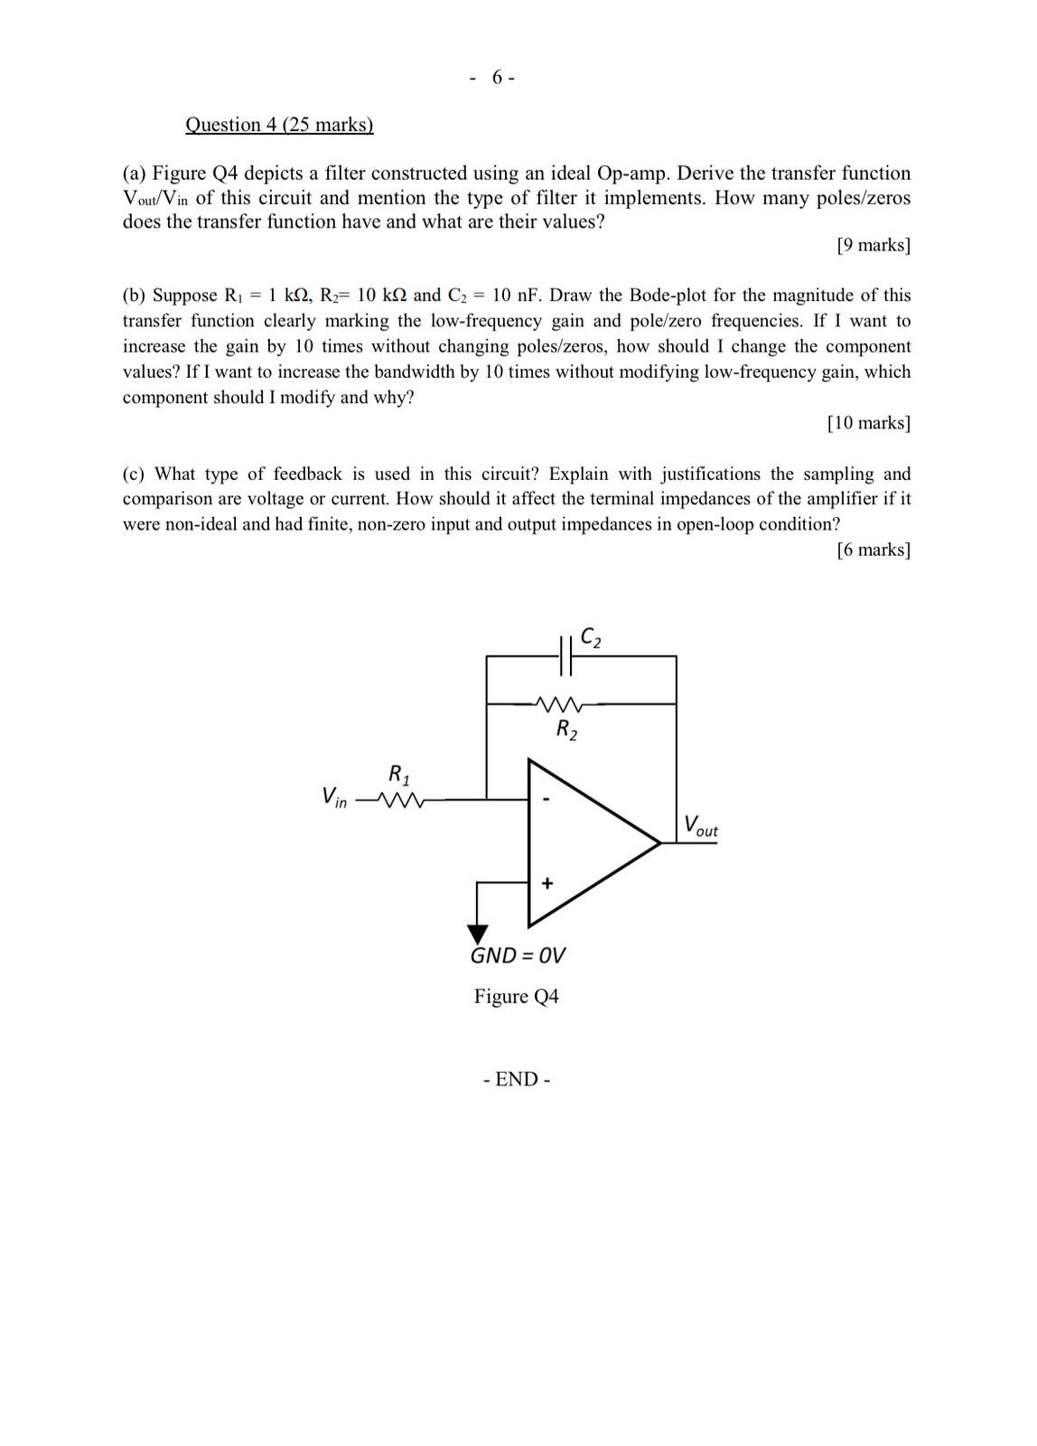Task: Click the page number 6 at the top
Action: click(498, 78)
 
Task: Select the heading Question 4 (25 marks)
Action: click(279, 125)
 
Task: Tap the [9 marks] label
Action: click(873, 245)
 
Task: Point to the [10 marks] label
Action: click(868, 423)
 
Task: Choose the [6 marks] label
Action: click(873, 549)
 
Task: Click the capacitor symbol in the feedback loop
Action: click(566, 656)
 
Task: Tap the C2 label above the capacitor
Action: click(591, 638)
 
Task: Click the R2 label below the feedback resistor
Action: click(566, 729)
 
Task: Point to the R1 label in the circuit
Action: click(399, 775)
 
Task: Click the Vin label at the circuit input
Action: click(333, 797)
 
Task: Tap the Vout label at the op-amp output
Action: click(700, 826)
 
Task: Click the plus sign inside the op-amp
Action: click(547, 883)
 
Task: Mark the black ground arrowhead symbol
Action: click(477, 934)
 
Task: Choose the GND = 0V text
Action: click(518, 956)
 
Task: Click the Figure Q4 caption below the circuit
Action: click(517, 997)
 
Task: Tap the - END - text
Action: click(517, 1079)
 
